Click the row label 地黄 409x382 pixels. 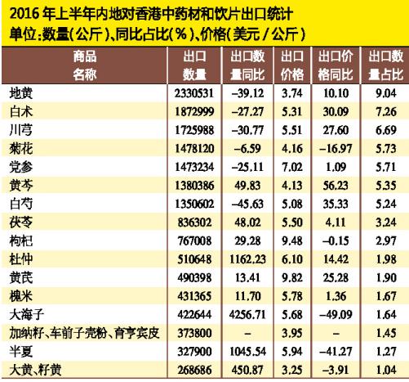(x=21, y=93)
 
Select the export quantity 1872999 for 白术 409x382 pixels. (x=194, y=112)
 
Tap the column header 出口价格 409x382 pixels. (x=292, y=65)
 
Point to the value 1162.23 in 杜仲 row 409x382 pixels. (x=247, y=259)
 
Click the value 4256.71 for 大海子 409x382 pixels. (x=247, y=315)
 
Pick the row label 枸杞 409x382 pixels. (x=21, y=240)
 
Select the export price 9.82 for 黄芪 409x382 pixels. (x=292, y=278)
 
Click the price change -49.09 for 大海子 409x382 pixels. (x=336, y=315)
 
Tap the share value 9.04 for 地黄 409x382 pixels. (x=386, y=93)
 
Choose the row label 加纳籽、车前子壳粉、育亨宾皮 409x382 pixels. (x=84, y=333)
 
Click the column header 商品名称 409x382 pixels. (x=85, y=65)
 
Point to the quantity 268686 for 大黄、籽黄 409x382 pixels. (x=194, y=370)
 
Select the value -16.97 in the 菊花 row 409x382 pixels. (x=336, y=149)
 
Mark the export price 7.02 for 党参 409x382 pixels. (x=292, y=167)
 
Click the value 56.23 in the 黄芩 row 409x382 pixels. (x=336, y=186)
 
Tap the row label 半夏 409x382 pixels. (x=21, y=352)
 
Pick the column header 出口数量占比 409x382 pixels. (x=386, y=65)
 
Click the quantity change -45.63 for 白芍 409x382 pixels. (x=247, y=204)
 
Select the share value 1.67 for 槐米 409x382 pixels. (x=386, y=296)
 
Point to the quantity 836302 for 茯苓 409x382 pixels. (x=194, y=222)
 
